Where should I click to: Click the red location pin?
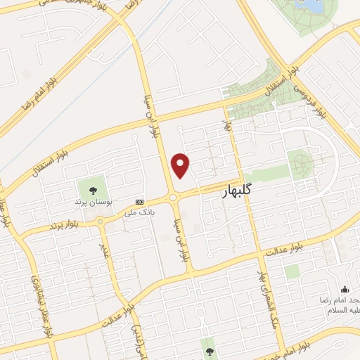click(181, 165)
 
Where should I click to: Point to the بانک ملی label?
click(139, 211)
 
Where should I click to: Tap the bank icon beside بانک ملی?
click(140, 200)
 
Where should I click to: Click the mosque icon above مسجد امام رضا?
click(345, 289)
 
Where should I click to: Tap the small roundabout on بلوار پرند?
click(99, 221)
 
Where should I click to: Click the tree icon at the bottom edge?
click(208, 345)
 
